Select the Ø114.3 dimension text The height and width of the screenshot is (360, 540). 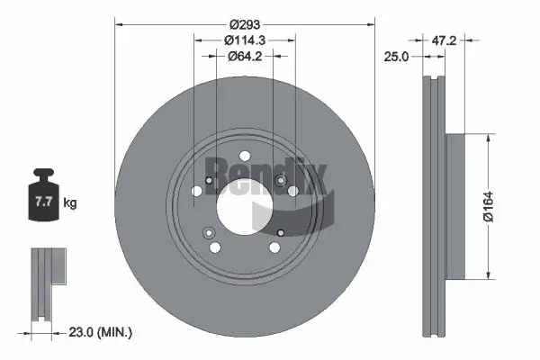coord(244,39)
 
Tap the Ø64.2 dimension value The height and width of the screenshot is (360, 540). coord(244,56)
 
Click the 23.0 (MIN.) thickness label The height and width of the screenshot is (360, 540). coord(101,333)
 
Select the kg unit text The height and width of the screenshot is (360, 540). coord(70,203)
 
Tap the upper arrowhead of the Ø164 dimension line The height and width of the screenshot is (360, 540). coord(487,138)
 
